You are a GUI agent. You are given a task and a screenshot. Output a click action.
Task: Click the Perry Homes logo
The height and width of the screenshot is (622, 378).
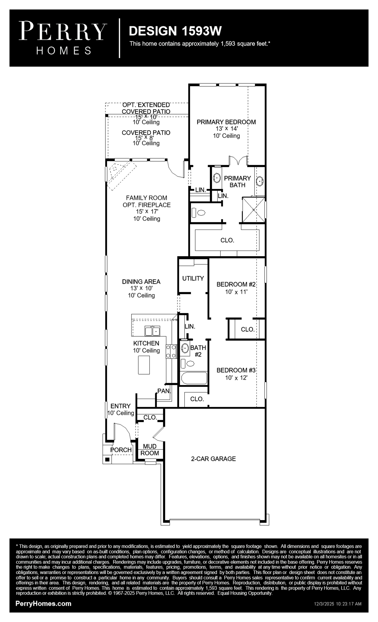point(63,38)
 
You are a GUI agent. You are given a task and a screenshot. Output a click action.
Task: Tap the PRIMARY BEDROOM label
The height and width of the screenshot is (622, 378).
point(226,122)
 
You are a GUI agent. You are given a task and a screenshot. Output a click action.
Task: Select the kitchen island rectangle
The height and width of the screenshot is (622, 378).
point(144,365)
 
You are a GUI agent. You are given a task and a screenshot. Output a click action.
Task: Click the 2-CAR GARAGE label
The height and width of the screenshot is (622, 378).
point(213,459)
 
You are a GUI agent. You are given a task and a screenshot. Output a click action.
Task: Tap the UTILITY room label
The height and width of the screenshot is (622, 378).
point(193,278)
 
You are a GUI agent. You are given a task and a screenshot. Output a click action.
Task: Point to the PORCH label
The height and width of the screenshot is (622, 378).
point(121,450)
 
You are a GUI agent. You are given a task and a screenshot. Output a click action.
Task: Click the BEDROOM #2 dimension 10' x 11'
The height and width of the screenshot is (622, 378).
point(236,292)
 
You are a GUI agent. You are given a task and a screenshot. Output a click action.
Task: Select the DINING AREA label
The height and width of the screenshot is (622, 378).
point(141,282)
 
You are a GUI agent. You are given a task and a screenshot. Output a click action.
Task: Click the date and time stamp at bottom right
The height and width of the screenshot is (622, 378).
point(338,604)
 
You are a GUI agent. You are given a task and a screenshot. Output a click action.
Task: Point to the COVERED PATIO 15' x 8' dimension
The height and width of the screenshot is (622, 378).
point(144,138)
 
